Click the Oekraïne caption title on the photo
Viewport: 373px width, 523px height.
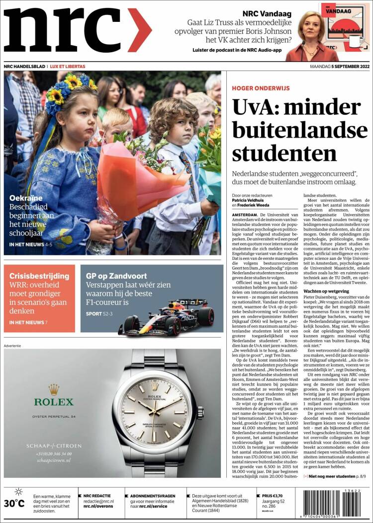[25, 198]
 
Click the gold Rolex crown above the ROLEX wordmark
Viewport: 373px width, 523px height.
[53, 389]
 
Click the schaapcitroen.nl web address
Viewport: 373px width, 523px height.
[53, 460]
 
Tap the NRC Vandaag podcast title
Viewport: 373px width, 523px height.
[267, 14]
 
